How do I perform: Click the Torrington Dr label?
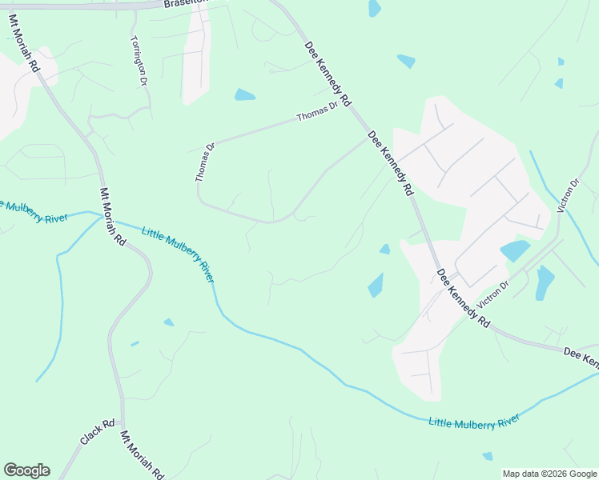[139, 61]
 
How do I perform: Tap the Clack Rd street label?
[98, 433]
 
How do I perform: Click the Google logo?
[26, 470]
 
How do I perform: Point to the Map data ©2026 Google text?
[549, 474]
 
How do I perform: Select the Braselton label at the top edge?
[185, 3]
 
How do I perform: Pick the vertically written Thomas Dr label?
[205, 162]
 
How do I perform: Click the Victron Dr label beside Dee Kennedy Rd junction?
[492, 295]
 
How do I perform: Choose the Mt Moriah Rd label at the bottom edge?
[143, 454]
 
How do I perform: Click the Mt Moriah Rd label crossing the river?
[113, 216]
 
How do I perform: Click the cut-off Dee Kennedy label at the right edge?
[581, 358]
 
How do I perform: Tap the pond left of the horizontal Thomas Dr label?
[244, 95]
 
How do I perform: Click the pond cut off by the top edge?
[374, 8]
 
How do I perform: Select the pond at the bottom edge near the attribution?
[487, 456]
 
